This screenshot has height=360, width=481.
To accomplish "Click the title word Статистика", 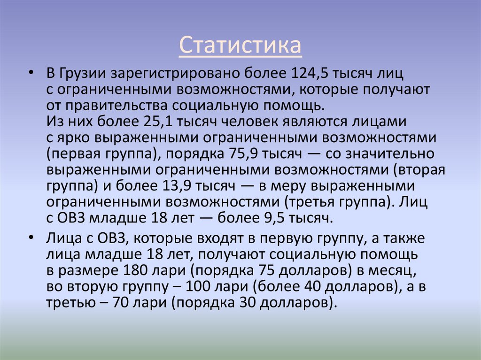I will tap(240, 46).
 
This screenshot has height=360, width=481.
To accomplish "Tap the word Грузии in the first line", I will tap(84, 74).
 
